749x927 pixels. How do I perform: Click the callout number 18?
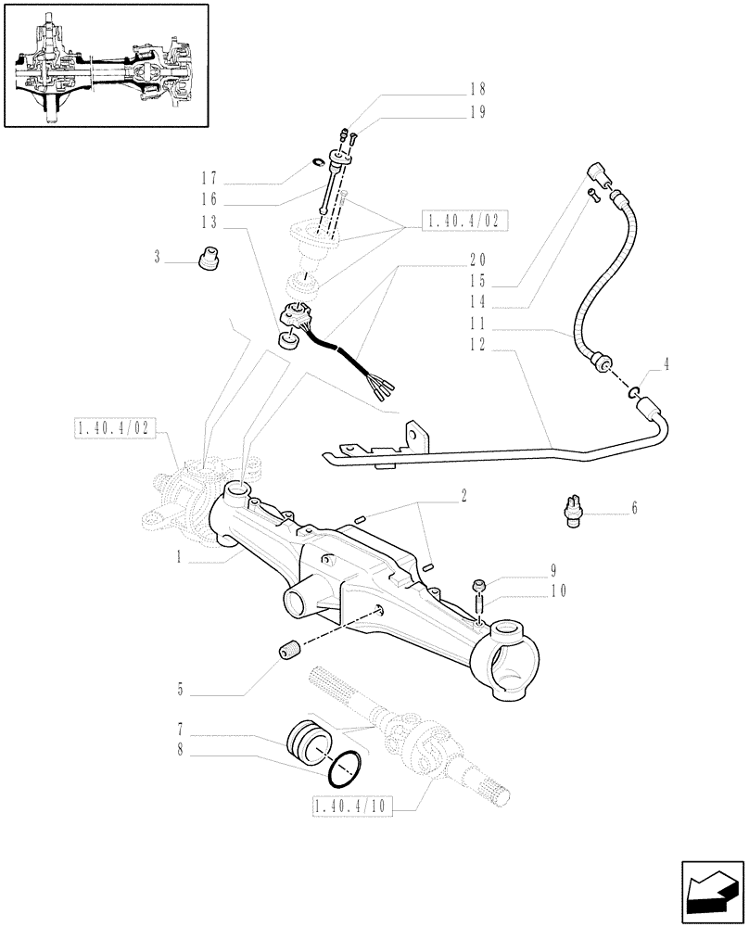coord(477,90)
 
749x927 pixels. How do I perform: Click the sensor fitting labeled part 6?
coord(572,511)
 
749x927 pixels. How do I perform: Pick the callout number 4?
coord(666,365)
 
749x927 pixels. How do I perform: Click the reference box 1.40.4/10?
coord(352,808)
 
